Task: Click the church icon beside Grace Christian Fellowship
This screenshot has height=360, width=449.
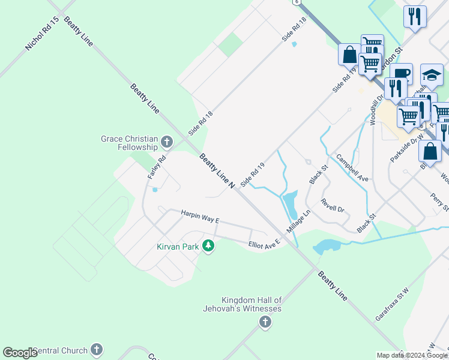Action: click(167, 143)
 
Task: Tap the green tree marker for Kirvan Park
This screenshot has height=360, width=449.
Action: click(208, 246)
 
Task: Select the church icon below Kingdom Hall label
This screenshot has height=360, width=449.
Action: click(264, 323)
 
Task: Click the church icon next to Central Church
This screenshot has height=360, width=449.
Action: click(97, 350)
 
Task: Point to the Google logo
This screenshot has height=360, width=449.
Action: click(20, 353)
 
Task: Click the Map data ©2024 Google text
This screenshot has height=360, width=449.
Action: click(412, 355)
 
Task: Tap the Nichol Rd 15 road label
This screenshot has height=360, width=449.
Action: click(42, 34)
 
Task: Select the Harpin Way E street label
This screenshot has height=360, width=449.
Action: click(200, 217)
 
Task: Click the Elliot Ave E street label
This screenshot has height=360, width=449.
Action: click(265, 243)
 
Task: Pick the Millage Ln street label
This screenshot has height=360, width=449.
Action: click(298, 222)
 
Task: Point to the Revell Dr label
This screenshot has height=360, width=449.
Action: click(332, 205)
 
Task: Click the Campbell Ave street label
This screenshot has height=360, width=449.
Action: click(352, 168)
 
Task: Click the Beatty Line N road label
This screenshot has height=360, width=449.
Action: click(217, 171)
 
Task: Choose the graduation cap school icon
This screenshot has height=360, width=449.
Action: click(432, 75)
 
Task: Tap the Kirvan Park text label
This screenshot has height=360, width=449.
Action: click(178, 246)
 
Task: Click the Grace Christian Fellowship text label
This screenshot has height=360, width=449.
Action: click(129, 143)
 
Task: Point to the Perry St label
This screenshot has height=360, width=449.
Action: click(439, 202)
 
